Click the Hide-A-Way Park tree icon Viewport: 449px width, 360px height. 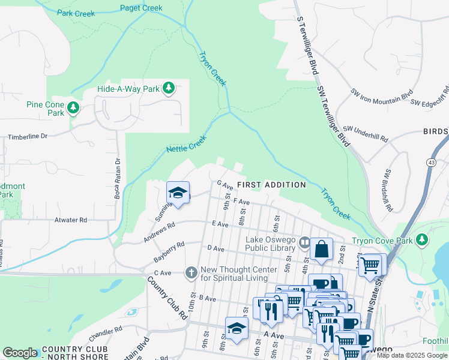pyautogui.click(x=169, y=89)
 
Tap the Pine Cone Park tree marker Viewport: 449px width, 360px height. pyautogui.click(x=73, y=108)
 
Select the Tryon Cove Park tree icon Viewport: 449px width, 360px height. pyautogui.click(x=423, y=240)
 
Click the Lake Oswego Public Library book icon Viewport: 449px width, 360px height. pyautogui.click(x=305, y=243)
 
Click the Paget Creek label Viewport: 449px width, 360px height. pyautogui.click(x=141, y=8)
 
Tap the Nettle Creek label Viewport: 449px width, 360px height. pyautogui.click(x=186, y=144)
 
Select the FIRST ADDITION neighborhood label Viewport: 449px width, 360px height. pyautogui.click(x=271, y=184)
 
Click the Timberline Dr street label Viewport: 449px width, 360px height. pyautogui.click(x=28, y=137)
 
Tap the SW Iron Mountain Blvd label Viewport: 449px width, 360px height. pyautogui.click(x=382, y=95)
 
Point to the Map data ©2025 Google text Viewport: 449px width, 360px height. pyautogui.click(x=412, y=355)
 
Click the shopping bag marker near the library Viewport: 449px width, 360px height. pyautogui.click(x=321, y=249)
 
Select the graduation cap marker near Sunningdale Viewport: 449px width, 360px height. pyautogui.click(x=178, y=193)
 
